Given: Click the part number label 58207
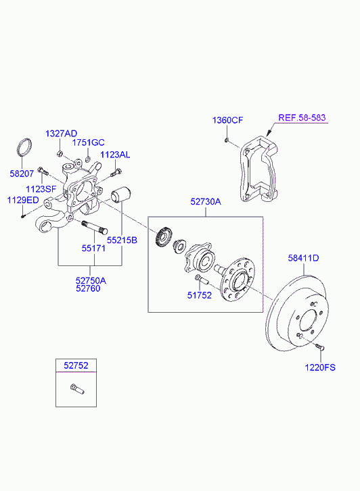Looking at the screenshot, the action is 22,174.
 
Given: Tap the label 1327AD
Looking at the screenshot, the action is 61,134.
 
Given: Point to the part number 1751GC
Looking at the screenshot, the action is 88,143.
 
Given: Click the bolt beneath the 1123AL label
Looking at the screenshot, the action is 116,172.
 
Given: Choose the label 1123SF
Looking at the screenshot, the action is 41,189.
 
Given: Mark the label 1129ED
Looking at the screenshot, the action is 23,200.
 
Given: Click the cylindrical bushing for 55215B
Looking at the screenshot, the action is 121,195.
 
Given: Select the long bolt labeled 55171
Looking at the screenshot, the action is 95,228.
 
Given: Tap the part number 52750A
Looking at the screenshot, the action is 91,280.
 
